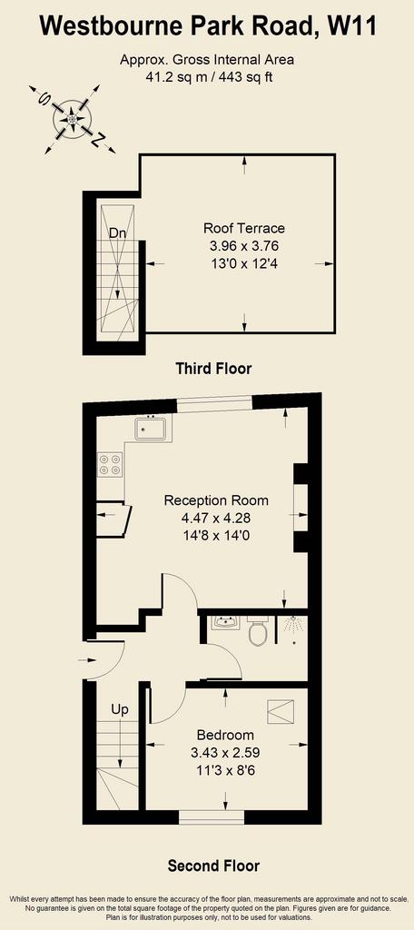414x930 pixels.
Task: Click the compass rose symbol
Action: (72, 119)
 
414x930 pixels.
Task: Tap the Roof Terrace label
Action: (244, 228)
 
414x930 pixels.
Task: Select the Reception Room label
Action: (216, 500)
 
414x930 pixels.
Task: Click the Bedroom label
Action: (225, 735)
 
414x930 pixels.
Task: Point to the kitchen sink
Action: (153, 427)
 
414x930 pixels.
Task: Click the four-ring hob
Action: (110, 464)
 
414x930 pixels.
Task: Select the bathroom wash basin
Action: (224, 623)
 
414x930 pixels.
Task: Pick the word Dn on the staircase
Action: (117, 233)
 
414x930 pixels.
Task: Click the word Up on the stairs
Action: (120, 710)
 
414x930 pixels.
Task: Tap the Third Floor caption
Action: (213, 369)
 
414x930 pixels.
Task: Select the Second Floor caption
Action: (213, 866)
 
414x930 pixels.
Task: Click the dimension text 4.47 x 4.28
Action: (216, 518)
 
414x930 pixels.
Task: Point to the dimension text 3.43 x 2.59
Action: (225, 753)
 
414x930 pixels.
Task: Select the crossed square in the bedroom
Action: (281, 712)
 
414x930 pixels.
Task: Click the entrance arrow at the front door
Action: (86, 659)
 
